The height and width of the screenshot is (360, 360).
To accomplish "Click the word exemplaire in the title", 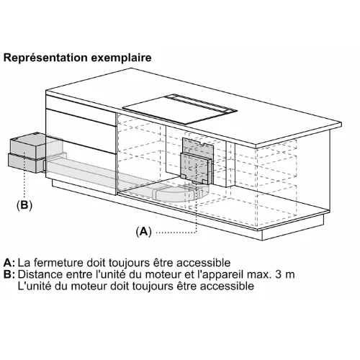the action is (x=121, y=58).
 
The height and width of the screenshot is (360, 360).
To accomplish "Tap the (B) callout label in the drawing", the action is (x=24, y=205).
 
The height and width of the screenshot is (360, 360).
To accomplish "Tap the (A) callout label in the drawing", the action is (x=144, y=231).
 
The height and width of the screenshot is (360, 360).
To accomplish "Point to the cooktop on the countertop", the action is (x=180, y=109).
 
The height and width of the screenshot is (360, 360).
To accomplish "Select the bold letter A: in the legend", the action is (x=9, y=263).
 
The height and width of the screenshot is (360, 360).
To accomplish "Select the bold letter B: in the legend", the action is (x=9, y=274).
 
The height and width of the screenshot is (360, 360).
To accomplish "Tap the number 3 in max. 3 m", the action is (x=279, y=274).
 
